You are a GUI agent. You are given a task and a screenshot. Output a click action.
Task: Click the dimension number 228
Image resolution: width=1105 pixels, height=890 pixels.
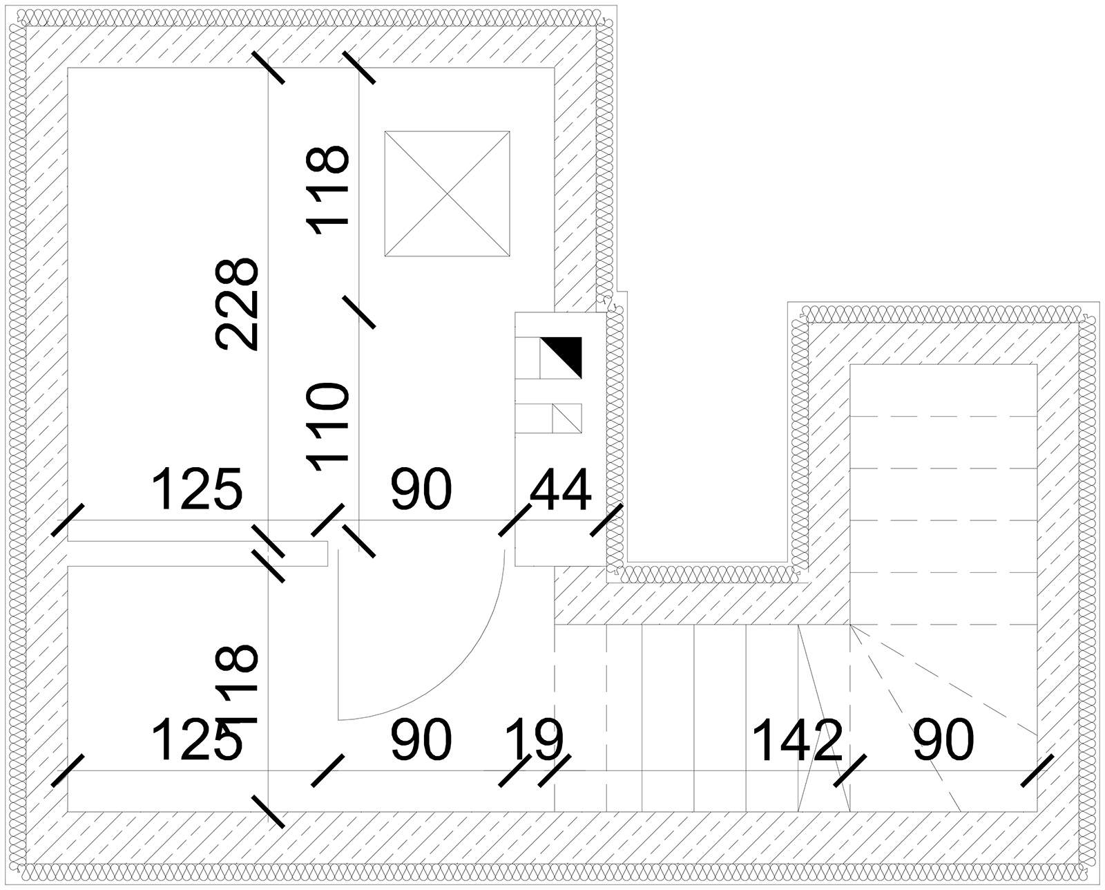pos(237,305)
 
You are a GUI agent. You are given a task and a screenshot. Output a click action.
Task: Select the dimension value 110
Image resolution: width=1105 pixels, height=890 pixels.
pos(328,426)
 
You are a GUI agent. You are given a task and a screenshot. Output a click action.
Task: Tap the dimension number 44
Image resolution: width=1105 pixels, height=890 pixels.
pos(560,490)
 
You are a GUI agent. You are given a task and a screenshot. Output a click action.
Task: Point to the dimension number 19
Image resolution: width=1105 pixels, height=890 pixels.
pos(535,739)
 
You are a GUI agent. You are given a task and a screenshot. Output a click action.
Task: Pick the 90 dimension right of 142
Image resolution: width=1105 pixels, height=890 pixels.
pos(943,740)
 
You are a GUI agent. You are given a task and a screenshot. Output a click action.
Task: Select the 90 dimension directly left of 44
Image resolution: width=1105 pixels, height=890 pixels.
pos(421,490)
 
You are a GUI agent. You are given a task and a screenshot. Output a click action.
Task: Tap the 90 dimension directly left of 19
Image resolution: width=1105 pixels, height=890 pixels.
pos(421,740)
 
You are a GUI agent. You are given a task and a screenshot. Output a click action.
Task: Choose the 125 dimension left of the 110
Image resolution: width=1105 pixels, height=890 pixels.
pos(197,490)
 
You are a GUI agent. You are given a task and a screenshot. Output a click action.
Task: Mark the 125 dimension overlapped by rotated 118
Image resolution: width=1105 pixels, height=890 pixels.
pos(197,740)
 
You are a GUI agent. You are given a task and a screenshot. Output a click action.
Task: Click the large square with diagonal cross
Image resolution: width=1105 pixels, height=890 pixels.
pos(447,193)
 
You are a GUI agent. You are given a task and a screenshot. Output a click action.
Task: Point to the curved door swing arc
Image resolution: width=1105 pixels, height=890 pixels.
pos(470,663)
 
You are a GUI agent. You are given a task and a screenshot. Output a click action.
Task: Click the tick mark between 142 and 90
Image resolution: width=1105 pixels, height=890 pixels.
pos(849,770)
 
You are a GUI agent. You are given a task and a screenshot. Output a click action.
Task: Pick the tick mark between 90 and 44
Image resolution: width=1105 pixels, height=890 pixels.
pos(515,520)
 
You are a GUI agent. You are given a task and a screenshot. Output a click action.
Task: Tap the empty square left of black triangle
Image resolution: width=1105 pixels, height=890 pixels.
pos(528,358)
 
